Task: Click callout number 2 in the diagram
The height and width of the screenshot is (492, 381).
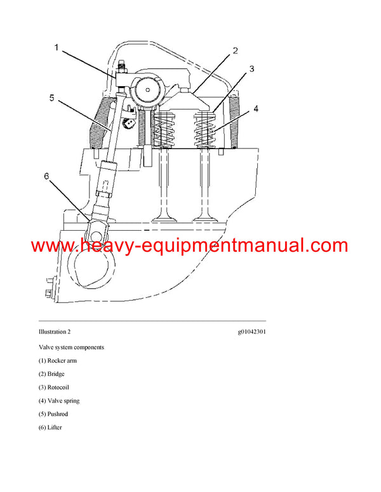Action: pos(234,51)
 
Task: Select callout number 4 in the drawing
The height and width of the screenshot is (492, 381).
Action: pos(256,109)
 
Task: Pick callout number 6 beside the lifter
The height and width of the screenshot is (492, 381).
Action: pos(46,178)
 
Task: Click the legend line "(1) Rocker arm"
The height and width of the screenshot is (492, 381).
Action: pos(58,361)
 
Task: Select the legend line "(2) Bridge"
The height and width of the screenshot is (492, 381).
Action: pos(52,374)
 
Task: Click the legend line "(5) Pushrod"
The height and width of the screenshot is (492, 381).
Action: pos(53,414)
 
